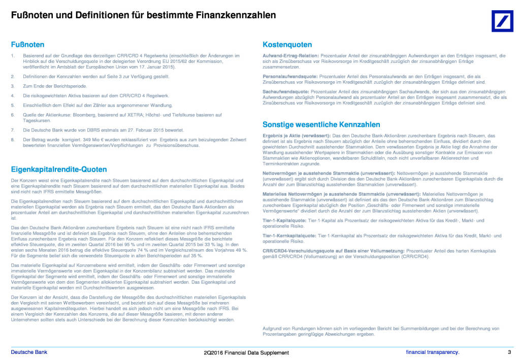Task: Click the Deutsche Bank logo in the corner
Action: pyautogui.click(x=502, y=21)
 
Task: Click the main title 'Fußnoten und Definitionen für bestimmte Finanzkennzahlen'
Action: pyautogui.click(x=144, y=15)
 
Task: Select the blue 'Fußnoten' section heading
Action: pyautogui.click(x=28, y=45)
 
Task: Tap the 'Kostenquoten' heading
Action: pyautogui.click(x=287, y=45)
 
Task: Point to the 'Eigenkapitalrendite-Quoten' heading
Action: pyautogui.click(x=59, y=169)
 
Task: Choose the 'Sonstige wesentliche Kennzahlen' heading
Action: pyautogui.click(x=321, y=124)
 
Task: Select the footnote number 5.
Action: pyautogui.click(x=13, y=105)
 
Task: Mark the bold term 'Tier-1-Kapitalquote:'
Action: pyautogui.click(x=284, y=220)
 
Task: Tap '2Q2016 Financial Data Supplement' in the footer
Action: pyautogui.click(x=246, y=353)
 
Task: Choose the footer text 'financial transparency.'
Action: pyautogui.click(x=432, y=352)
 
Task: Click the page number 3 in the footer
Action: pyautogui.click(x=509, y=352)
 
